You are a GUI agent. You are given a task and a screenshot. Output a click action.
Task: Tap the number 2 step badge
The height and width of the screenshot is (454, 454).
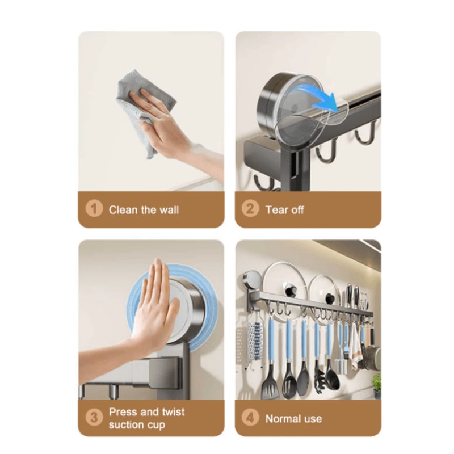pos(250,209)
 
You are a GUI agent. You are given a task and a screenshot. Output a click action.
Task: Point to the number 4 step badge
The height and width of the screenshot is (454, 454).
pos(250,418)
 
